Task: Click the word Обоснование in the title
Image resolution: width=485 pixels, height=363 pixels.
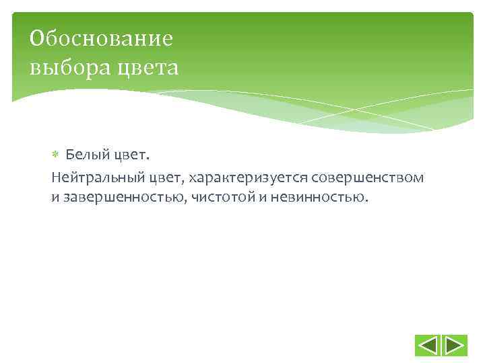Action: (101, 39)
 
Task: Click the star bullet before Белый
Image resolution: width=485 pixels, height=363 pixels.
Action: (56, 155)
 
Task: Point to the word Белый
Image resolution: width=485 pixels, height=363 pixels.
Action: (83, 155)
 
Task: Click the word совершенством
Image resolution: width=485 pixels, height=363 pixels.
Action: (368, 177)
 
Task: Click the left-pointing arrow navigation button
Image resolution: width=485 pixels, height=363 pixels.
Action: (428, 346)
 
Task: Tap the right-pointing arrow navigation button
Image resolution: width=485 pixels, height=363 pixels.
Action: (455, 346)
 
